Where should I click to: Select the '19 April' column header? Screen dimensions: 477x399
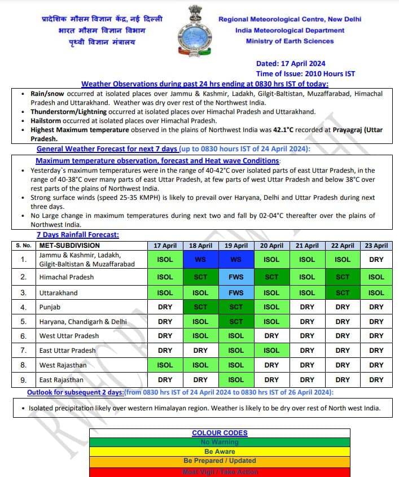pyautogui.click(x=236, y=246)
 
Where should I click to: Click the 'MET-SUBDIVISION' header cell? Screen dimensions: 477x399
pyautogui.click(x=69, y=246)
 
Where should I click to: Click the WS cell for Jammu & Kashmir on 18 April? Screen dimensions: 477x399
pyautogui.click(x=200, y=260)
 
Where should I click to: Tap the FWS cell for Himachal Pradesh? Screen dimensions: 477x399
pyautogui.click(x=236, y=277)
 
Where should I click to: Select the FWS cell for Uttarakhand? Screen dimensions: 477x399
pyautogui.click(x=236, y=293)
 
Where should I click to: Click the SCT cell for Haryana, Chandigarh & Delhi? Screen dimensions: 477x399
pyautogui.click(x=236, y=322)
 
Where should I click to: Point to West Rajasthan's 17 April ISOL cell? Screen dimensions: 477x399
pyautogui.click(x=165, y=365)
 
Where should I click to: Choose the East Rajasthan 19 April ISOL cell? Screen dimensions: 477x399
pyautogui.click(x=236, y=380)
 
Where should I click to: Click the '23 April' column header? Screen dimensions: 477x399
pyautogui.click(x=376, y=246)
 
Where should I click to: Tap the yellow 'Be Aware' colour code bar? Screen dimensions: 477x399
pyautogui.click(x=220, y=452)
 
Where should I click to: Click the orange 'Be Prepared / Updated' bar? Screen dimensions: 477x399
pyautogui.click(x=220, y=461)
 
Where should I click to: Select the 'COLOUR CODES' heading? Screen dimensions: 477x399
pyautogui.click(x=220, y=433)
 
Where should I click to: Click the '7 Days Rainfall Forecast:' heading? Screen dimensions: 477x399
pyautogui.click(x=78, y=235)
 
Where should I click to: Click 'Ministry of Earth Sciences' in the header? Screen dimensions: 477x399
pyautogui.click(x=290, y=41)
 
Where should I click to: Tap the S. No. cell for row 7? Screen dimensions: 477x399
pyautogui.click(x=23, y=351)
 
